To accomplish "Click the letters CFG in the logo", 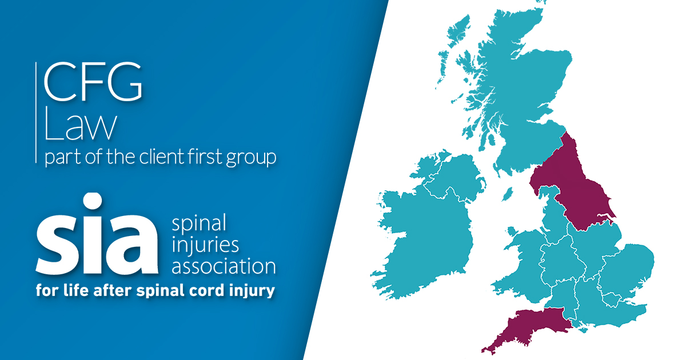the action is click(x=93, y=81).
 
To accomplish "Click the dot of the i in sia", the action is click(x=93, y=201).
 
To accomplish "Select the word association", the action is click(x=224, y=266).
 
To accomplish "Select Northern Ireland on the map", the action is click(x=450, y=178).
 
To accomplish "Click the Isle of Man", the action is click(x=507, y=194).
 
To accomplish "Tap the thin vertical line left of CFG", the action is click(x=36, y=113).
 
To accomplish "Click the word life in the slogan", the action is click(x=76, y=290).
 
